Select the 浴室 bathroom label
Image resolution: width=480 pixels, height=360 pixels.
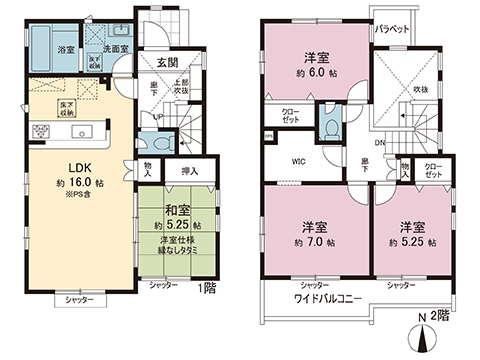[x=63, y=48]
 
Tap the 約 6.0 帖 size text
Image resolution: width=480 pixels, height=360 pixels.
[x=317, y=73]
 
